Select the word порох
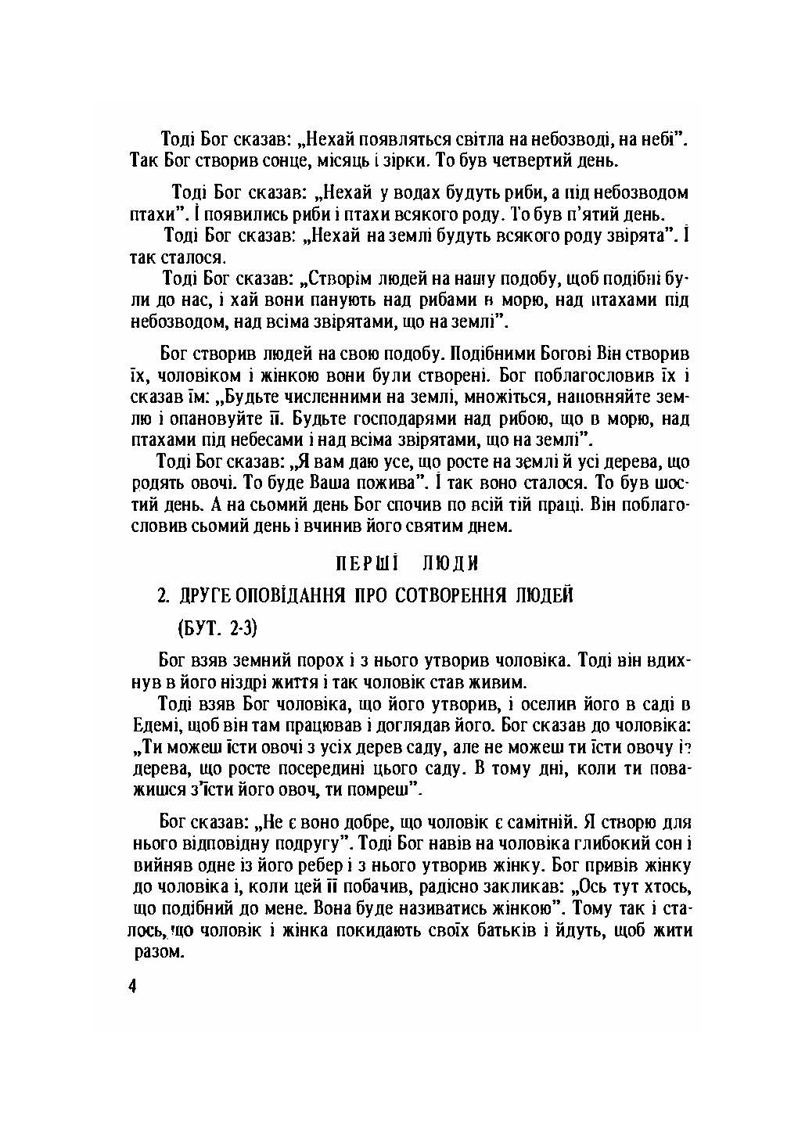pyautogui.click(x=330, y=660)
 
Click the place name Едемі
pyautogui.click(x=152, y=725)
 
